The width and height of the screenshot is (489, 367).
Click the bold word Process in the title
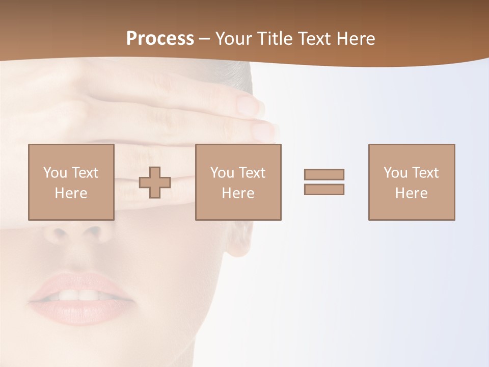tap(160, 39)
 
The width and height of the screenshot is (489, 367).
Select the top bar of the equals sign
tap(324, 174)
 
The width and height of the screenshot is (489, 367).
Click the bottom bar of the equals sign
tap(324, 190)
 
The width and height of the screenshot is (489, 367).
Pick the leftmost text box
tap(71, 182)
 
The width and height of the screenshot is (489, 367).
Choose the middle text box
tap(238, 182)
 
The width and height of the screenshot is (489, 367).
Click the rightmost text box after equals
tap(412, 182)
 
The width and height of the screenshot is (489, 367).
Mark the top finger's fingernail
tap(251, 104)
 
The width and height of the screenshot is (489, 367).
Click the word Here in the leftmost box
tap(71, 193)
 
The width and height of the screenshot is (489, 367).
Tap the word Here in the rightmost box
tap(412, 193)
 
